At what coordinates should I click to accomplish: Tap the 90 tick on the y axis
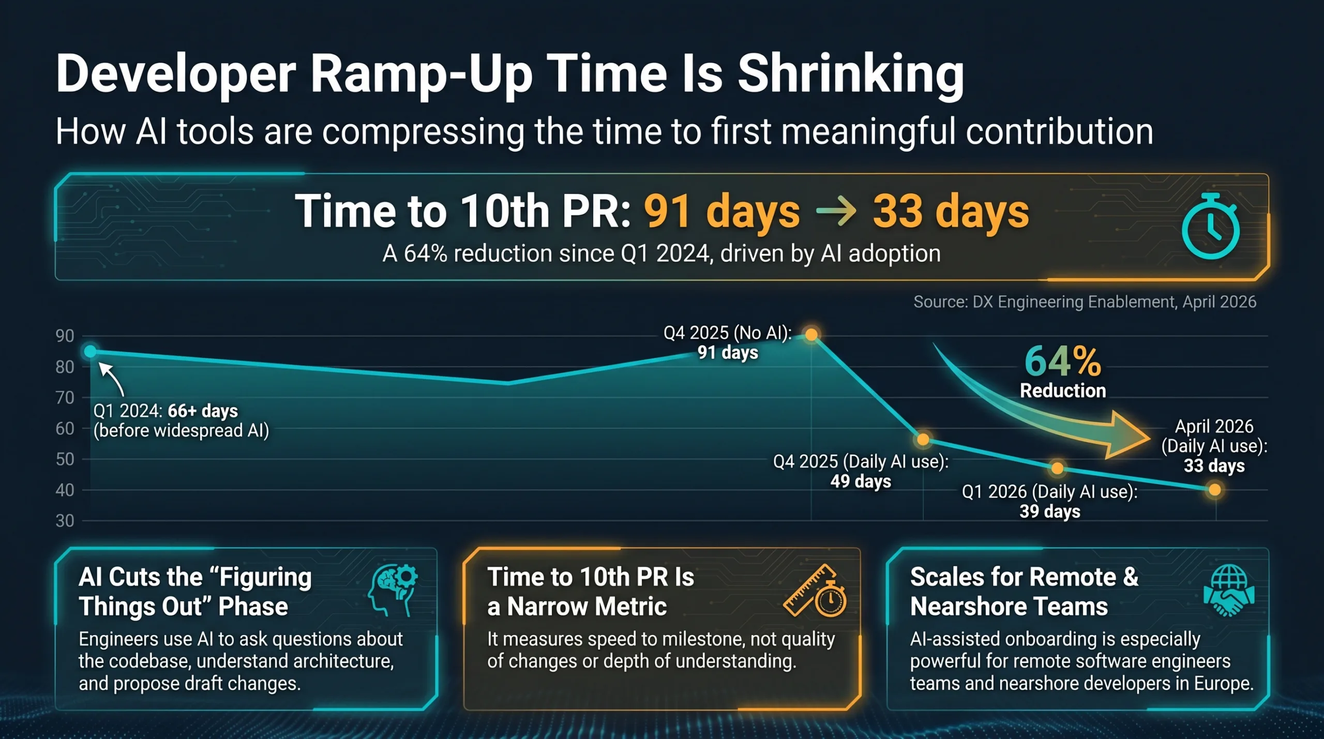(65, 336)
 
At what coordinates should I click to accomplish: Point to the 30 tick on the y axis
(65, 521)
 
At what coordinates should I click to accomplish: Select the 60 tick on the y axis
(65, 429)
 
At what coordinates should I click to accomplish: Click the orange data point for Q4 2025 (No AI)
(811, 335)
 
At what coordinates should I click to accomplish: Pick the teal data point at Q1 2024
(91, 352)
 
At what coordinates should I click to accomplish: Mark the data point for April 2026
(1215, 490)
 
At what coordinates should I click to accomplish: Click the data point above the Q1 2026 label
(1058, 469)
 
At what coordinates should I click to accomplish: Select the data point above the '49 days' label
(923, 440)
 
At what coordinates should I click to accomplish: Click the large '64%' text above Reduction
(1063, 361)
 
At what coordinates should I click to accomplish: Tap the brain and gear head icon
(393, 590)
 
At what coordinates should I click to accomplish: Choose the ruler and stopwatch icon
(815, 590)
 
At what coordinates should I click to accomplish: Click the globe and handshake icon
(1229, 590)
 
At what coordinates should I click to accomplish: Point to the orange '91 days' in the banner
(721, 212)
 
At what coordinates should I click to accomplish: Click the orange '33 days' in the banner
(951, 212)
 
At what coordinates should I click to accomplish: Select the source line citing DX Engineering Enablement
(1085, 301)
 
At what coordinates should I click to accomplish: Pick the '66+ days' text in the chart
(203, 411)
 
